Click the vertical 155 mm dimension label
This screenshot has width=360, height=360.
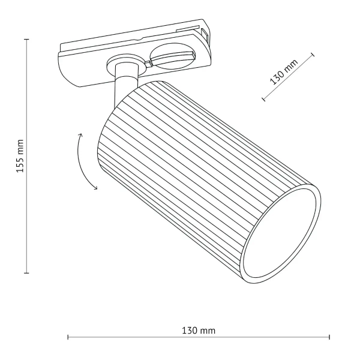click(x=19, y=156)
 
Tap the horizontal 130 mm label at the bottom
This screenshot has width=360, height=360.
click(x=198, y=331)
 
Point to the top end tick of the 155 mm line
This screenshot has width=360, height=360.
click(x=27, y=39)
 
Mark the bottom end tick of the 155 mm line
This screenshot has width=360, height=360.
click(x=27, y=273)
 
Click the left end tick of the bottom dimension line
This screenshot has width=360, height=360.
click(x=68, y=338)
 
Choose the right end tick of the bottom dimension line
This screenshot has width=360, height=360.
click(x=329, y=338)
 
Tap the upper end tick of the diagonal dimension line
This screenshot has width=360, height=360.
click(x=313, y=55)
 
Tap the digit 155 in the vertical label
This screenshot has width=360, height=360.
click(x=19, y=164)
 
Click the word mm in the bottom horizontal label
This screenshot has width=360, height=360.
click(x=208, y=331)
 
